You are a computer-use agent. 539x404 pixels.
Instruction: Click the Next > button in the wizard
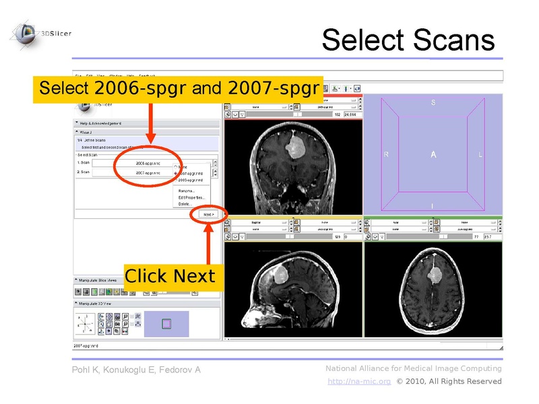[208, 214]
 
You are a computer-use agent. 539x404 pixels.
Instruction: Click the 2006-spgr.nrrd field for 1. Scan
[148, 163]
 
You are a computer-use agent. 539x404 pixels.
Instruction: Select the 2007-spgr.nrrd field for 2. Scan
[148, 173]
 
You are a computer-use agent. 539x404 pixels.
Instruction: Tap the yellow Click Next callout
[170, 276]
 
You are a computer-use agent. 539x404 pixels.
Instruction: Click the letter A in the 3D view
[434, 155]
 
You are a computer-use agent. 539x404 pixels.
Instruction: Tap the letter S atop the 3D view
[433, 103]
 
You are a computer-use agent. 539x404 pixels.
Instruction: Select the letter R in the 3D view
[386, 155]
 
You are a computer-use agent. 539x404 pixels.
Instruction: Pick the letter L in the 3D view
[480, 155]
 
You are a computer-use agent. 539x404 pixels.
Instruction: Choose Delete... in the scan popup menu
[186, 204]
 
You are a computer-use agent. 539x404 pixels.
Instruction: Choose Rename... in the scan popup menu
[186, 191]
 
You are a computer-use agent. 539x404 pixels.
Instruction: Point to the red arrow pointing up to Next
[208, 242]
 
